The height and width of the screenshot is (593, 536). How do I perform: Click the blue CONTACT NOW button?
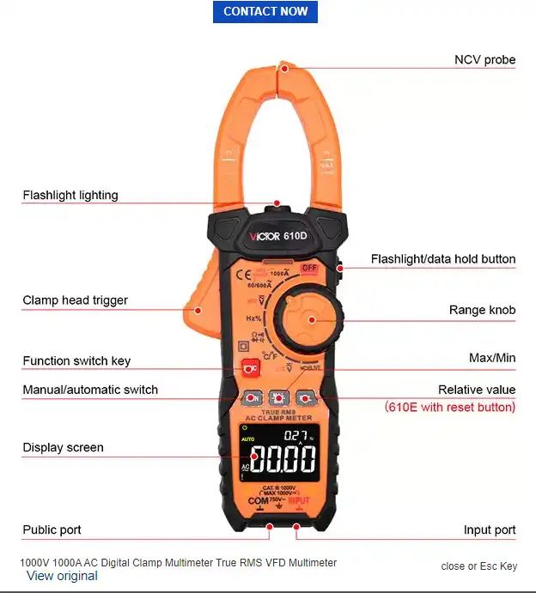[x=265, y=11]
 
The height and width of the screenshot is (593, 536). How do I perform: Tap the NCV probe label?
[x=484, y=59]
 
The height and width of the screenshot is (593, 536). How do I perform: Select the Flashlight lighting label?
[x=70, y=195]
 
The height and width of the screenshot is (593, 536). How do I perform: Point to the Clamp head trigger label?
[x=76, y=300]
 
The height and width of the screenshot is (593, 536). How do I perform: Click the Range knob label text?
[x=482, y=310]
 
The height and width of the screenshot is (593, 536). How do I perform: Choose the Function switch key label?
[x=76, y=360]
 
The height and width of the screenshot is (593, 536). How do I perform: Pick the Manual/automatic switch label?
[x=90, y=390]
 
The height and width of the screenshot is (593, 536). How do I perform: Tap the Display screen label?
[x=63, y=447]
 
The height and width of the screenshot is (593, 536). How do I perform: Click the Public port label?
[x=52, y=529]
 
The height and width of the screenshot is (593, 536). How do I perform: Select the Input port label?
[x=490, y=529]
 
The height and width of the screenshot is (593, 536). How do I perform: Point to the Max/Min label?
[x=493, y=357]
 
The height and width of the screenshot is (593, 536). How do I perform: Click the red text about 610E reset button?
[x=450, y=407]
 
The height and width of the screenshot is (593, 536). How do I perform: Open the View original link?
[x=62, y=576]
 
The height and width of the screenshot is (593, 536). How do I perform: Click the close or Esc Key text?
[x=479, y=566]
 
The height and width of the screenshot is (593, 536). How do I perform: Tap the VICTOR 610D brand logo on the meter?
[x=277, y=235]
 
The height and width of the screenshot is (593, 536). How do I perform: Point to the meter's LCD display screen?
[x=278, y=452]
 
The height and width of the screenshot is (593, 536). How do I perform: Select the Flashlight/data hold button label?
[x=443, y=258]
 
